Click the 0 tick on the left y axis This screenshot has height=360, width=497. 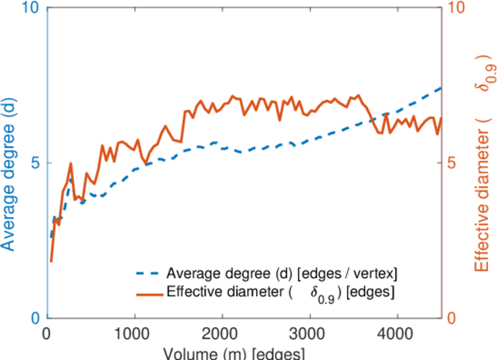pos(35,318)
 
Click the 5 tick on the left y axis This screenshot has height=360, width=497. pos(35,163)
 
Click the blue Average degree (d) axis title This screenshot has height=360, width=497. pos(9,163)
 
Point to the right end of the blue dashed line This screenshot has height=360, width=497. pos(441,88)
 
